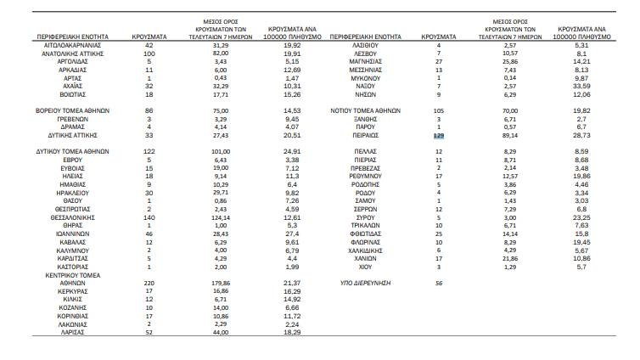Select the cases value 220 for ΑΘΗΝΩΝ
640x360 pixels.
coord(149,282)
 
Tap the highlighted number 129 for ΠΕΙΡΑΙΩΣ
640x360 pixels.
coord(439,135)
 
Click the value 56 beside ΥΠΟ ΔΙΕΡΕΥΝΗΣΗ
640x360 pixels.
coord(439,282)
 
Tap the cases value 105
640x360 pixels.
coord(439,110)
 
